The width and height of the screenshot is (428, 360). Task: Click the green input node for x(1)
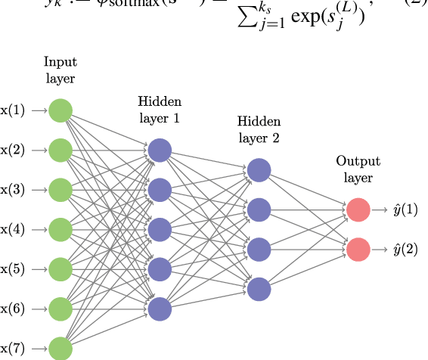click(60, 110)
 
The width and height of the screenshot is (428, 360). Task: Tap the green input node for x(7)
click(60, 347)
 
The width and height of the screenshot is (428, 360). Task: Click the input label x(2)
click(14, 150)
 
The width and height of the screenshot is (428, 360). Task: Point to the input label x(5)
click(14, 268)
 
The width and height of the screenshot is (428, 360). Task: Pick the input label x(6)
click(14, 308)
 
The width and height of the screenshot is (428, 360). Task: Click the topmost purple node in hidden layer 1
click(160, 149)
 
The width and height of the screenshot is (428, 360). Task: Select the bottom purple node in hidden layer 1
click(160, 308)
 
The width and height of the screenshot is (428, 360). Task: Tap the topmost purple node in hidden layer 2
click(259, 169)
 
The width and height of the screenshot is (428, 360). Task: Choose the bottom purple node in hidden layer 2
click(259, 288)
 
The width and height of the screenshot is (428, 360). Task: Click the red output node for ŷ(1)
click(358, 209)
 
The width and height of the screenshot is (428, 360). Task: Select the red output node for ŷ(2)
click(358, 248)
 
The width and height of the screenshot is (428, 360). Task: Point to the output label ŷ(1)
click(405, 209)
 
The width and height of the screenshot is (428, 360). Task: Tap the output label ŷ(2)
click(405, 248)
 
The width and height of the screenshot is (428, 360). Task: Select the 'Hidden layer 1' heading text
click(160, 110)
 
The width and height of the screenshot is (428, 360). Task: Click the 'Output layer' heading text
click(358, 169)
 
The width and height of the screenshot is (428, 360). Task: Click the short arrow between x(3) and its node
click(39, 189)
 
